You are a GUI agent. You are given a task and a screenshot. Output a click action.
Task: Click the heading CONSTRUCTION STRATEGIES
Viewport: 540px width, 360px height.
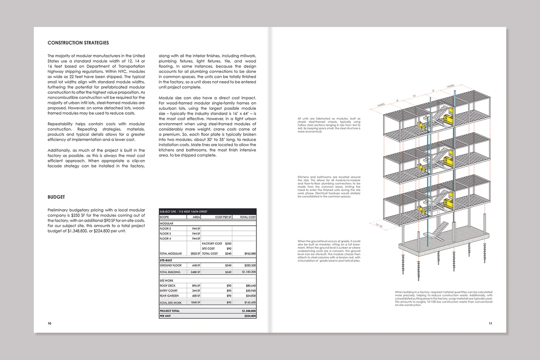coord(78,43)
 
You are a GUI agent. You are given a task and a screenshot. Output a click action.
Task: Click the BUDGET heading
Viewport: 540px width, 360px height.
coord(56,197)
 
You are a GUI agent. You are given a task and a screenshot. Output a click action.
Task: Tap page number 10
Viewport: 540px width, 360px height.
coord(49,323)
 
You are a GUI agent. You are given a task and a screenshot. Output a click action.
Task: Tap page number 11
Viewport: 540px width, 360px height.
coord(490,323)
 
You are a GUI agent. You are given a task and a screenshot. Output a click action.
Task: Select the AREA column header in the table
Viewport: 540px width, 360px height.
coord(196,217)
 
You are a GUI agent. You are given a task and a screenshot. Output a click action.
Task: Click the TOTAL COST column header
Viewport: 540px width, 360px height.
coord(248,217)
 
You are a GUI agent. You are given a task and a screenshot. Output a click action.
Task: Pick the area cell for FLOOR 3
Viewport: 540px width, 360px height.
coord(196,234)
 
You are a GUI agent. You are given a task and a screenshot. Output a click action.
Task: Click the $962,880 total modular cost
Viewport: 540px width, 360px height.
coord(250,253)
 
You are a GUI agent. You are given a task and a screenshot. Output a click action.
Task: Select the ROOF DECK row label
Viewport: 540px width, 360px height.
coord(168,285)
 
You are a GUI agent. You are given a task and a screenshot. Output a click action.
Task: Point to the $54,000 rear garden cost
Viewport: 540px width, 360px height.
coord(251,296)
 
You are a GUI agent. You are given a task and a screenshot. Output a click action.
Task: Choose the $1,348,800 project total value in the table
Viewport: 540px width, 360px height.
coord(249,311)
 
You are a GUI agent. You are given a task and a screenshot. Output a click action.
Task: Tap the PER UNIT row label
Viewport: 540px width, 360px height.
coord(165,316)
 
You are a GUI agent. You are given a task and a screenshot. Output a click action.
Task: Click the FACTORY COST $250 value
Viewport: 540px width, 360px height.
coord(228,244)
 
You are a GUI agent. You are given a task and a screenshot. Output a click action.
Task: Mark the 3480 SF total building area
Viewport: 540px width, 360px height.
coord(195,272)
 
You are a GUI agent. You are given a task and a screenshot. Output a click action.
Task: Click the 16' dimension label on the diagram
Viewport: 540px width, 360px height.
coord(414,96)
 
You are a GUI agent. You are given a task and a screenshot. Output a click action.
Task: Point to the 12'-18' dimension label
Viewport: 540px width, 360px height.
coord(379,226)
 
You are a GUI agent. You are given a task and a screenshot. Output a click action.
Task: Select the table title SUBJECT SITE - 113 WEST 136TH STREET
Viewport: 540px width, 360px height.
coord(184,212)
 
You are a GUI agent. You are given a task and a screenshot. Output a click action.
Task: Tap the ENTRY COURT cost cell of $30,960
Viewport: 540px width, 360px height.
coord(251,291)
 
